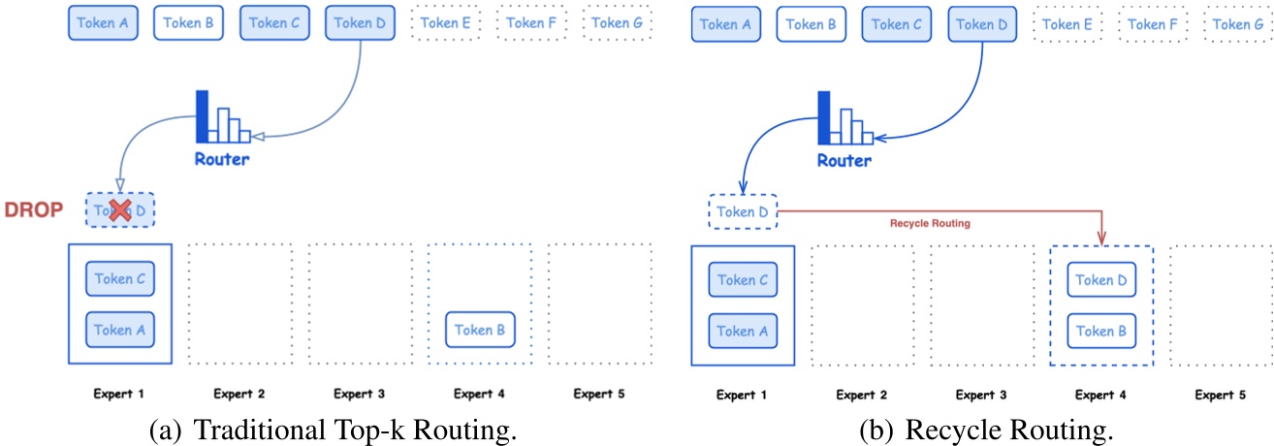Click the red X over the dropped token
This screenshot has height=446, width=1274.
pos(120,210)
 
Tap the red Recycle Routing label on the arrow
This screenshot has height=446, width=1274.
pos(930,223)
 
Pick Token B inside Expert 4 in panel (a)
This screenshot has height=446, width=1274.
pos(480,331)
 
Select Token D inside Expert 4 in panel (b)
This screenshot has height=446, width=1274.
pos(1101,280)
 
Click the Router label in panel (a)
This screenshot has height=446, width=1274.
pos(221,159)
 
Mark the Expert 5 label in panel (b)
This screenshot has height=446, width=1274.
pos(1221,395)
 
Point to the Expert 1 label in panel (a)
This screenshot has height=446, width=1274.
pos(119,395)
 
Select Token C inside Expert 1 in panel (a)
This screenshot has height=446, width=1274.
pos(120,279)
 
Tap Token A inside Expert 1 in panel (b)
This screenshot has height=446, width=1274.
pos(742,331)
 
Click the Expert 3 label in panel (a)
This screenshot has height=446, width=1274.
pos(360,395)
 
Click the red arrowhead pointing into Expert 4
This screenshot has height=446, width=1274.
pos(1102,239)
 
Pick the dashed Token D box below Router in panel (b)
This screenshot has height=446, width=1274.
pos(743,212)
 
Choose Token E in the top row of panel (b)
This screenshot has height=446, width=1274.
pos(1067,23)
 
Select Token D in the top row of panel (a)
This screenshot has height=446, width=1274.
pos(360,22)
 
